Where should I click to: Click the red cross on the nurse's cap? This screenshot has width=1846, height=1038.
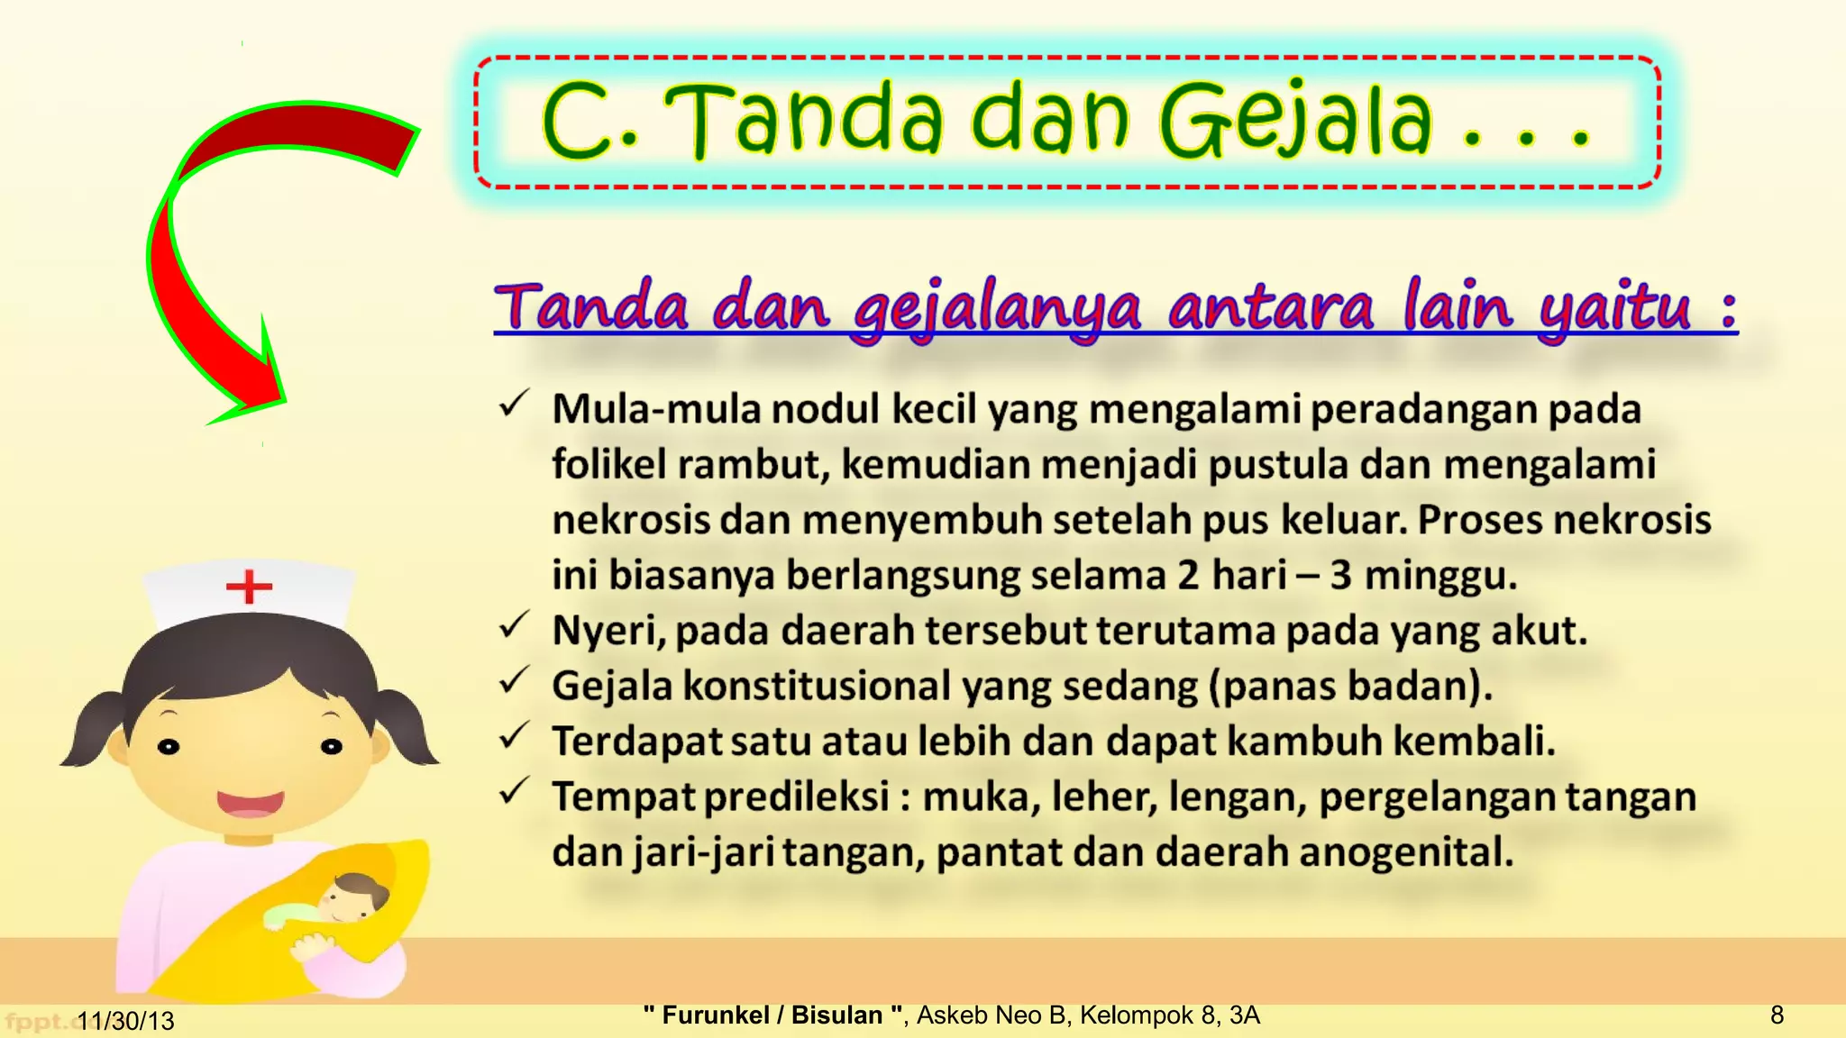click(249, 587)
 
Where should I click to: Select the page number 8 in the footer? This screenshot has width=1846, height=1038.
click(1777, 1015)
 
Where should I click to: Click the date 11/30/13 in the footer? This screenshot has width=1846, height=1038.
click(125, 1021)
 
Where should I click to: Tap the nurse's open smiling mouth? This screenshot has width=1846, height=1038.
click(250, 802)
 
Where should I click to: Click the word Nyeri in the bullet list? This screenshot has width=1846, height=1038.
click(608, 631)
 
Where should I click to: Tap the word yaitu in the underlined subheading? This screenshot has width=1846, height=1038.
click(1614, 308)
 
